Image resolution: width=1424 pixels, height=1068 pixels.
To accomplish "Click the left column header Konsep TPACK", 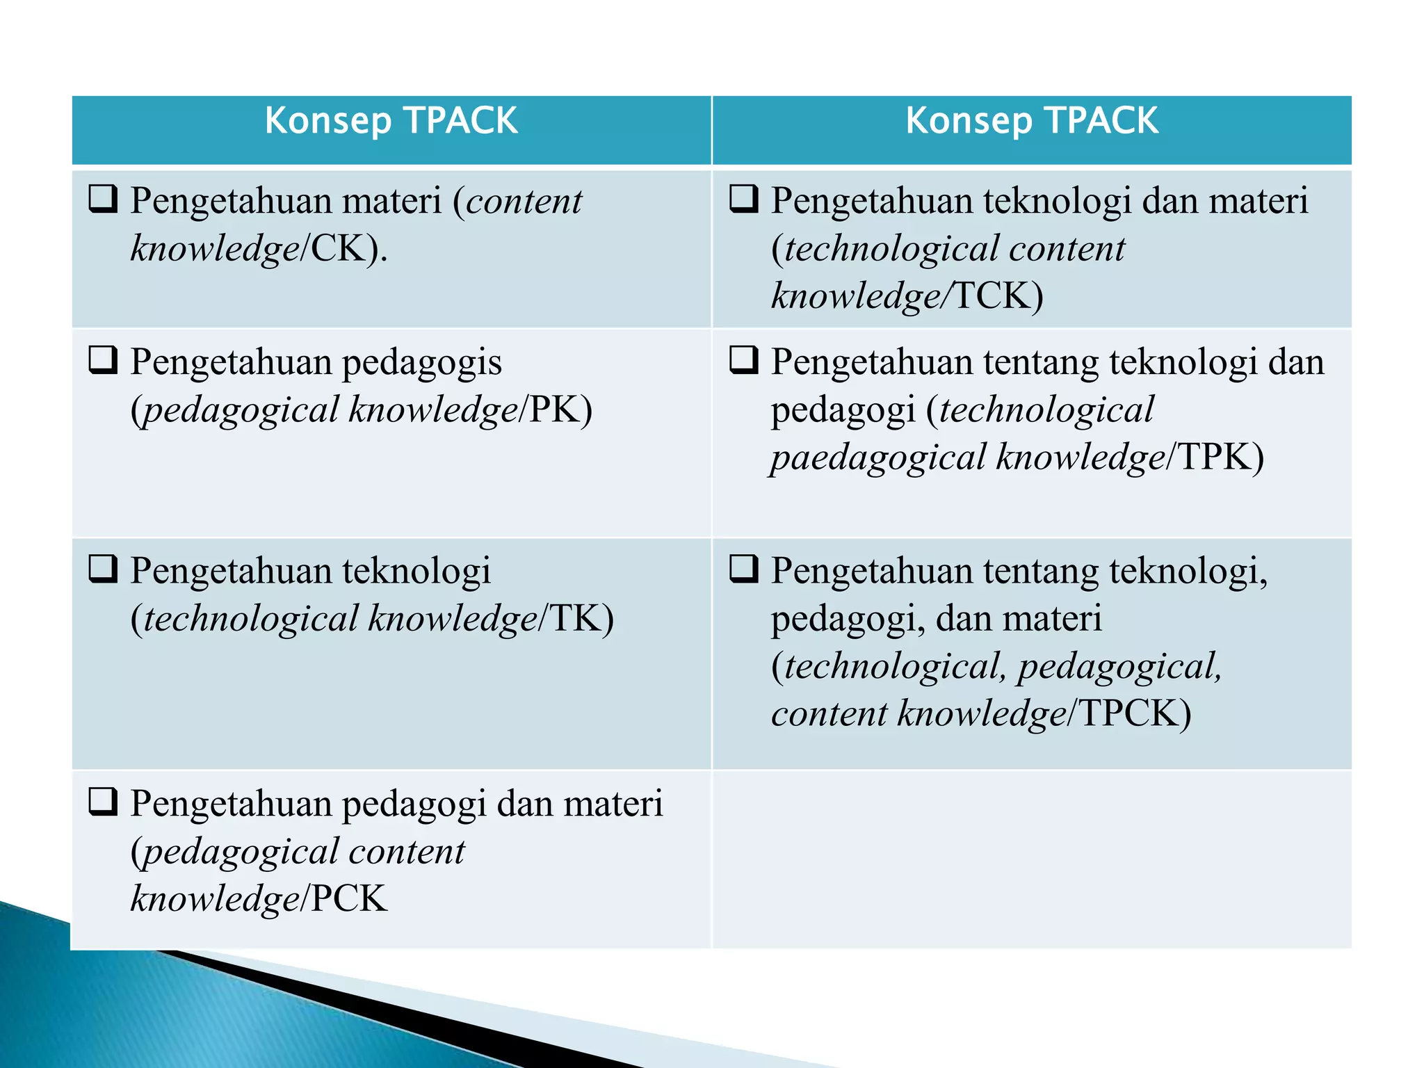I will pos(391,121).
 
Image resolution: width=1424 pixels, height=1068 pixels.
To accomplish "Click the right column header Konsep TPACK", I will pos(1031,121).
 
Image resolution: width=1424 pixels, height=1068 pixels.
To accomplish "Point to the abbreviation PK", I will pos(553,410).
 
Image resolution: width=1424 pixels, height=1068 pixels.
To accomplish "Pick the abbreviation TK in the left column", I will pos(575,618).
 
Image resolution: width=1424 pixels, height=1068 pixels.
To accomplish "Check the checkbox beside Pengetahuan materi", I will pos(103,199).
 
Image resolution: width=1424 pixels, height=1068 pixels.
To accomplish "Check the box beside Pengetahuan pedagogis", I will pos(103,360).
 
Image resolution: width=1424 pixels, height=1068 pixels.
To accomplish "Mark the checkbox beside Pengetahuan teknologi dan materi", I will pos(743,199).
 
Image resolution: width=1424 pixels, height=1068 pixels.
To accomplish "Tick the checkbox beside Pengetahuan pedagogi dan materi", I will pos(103,802).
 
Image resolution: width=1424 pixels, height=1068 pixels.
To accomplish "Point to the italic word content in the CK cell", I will pos(524,202).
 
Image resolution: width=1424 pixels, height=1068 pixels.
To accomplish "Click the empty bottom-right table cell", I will pos(1032,859).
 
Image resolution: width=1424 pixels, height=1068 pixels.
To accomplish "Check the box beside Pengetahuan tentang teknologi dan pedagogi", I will pos(743,360).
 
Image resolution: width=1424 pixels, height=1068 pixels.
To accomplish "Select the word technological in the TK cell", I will pos(250,618).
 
